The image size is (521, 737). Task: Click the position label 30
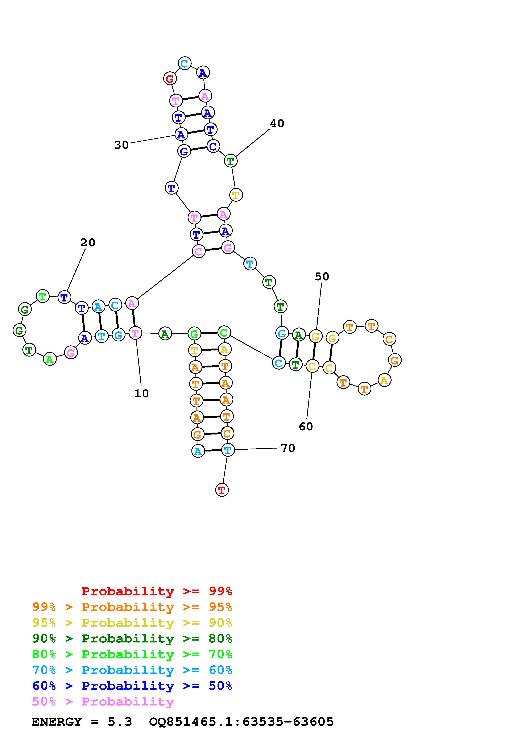coord(121,145)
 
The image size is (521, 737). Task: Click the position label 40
coord(277,123)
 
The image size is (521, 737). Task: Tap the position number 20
coord(88,242)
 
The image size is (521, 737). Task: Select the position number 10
coord(142,394)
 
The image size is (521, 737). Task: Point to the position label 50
coord(322,276)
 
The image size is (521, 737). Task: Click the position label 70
coord(288,448)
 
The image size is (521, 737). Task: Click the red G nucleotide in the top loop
coord(170,78)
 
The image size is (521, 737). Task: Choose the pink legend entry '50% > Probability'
coord(103,702)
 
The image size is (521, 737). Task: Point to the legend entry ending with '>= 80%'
coord(132,638)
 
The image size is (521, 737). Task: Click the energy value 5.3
coord(120,722)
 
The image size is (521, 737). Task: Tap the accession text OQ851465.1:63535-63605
coord(241,722)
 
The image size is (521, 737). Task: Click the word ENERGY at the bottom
coord(57,722)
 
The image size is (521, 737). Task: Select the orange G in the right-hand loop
coord(394,360)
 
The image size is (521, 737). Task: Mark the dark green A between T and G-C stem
coord(165,334)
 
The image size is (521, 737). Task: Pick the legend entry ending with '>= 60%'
coord(132,670)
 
